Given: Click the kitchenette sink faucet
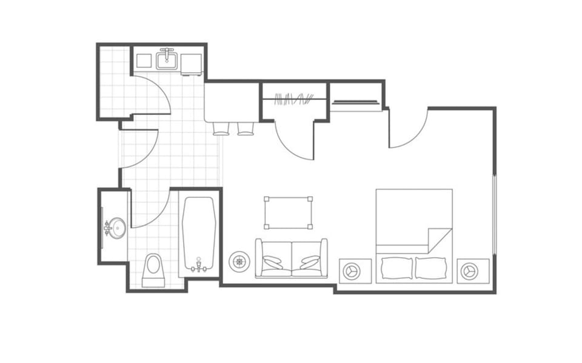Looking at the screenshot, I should point(167,53).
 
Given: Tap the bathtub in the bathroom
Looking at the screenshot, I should point(199,233).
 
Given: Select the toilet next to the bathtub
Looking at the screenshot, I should point(153,270).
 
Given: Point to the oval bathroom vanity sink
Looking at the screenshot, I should point(116,228).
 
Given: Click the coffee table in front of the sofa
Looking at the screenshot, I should point(289,213).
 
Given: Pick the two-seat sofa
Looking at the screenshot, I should point(292,258).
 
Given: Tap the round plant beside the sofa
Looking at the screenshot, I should point(239,261).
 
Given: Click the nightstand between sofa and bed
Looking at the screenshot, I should point(355,270).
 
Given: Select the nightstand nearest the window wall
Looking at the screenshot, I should point(473,270).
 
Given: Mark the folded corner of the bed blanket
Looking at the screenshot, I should point(440,240).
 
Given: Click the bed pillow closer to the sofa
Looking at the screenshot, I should point(396,267).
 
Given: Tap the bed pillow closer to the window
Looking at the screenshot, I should point(431,267).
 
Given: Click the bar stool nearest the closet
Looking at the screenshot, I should point(246,128).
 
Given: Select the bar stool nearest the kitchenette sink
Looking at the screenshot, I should point(221,128).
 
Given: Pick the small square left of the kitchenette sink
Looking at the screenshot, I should point(144,60).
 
